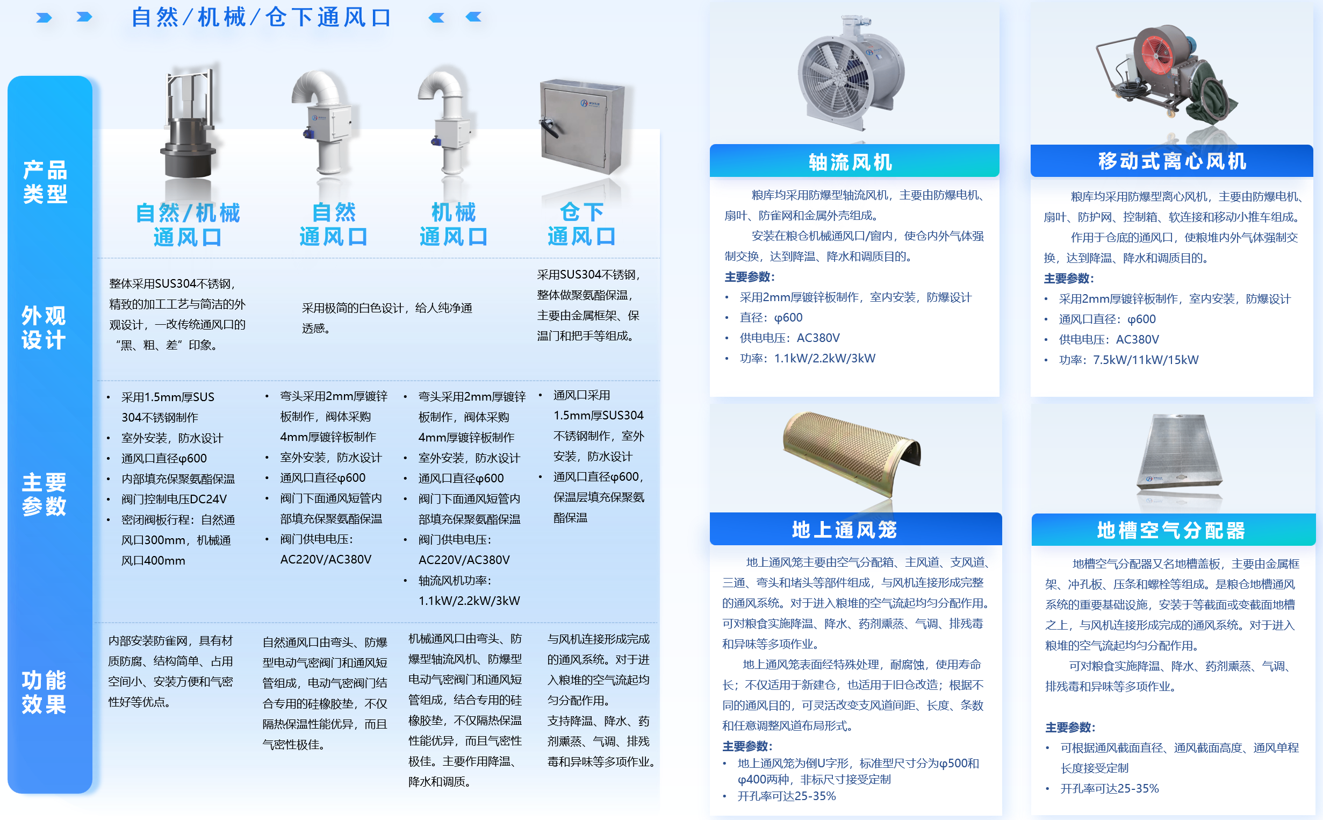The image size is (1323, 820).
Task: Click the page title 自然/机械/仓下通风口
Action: pyautogui.click(x=261, y=17)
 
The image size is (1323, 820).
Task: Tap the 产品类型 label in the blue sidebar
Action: pyautogui.click(x=45, y=182)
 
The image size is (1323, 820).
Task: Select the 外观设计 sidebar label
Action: pyautogui.click(x=44, y=327)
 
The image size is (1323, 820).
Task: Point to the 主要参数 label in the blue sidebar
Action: pyautogui.click(x=44, y=494)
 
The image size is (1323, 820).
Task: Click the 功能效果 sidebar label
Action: pyautogui.click(x=44, y=692)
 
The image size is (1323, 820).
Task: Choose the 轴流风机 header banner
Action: pyautogui.click(x=854, y=161)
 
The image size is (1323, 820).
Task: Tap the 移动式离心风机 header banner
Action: pyautogui.click(x=1171, y=161)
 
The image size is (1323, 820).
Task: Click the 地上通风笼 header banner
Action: pyautogui.click(x=855, y=529)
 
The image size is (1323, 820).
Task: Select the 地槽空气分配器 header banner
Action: pyautogui.click(x=1173, y=529)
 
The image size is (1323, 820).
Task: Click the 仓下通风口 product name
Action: pyautogui.click(x=581, y=224)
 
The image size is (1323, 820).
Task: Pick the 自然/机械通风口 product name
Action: pyautogui.click(x=188, y=225)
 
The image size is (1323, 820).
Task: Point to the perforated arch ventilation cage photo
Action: pyautogui.click(x=852, y=454)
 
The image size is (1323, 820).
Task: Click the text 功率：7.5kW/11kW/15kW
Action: pyautogui.click(x=1128, y=360)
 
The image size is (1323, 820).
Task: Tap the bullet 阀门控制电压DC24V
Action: pyautogui.click(x=174, y=499)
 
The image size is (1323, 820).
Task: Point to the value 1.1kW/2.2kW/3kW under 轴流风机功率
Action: pyautogui.click(x=469, y=601)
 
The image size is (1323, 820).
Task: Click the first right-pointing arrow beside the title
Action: pyautogui.click(x=44, y=18)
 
